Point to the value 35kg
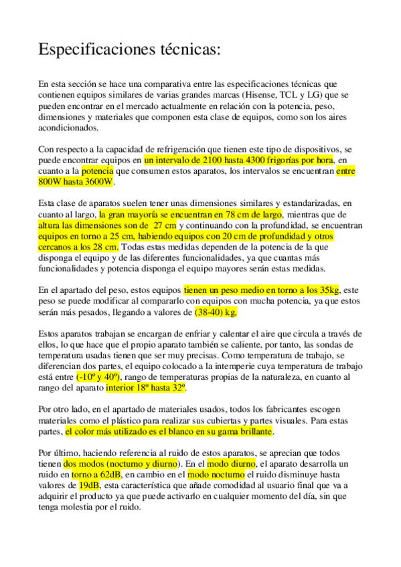click(330, 290)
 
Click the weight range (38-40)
click(210, 312)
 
